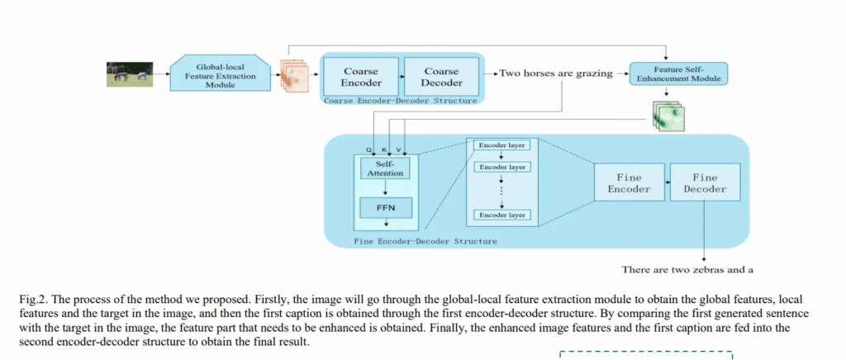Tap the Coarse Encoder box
361,77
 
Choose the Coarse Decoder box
441,77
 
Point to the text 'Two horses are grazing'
555,73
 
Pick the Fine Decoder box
705,182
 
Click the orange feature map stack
294,75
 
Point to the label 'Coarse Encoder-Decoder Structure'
399,101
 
